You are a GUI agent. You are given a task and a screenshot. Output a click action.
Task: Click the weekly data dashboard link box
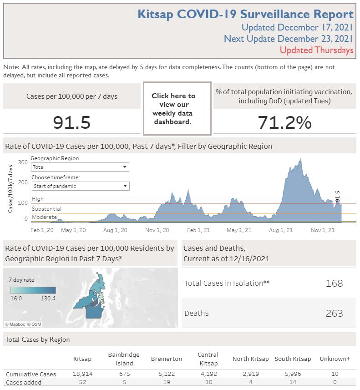(x=177, y=109)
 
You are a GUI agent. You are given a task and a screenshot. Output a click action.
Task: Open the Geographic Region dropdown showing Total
(x=80, y=167)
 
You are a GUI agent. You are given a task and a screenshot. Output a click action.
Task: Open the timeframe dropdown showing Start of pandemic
(x=80, y=186)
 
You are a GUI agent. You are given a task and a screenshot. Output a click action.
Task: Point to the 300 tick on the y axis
(x=23, y=162)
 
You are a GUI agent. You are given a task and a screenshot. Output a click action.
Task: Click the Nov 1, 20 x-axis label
(x=157, y=230)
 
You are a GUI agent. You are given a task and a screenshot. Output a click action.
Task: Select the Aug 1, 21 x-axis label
(x=281, y=230)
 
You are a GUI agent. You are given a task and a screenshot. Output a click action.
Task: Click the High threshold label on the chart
(x=38, y=199)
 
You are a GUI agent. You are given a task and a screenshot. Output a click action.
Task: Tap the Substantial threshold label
(x=46, y=209)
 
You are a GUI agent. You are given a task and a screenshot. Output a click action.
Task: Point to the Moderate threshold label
(x=44, y=217)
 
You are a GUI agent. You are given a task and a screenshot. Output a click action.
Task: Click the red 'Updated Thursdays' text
(x=316, y=51)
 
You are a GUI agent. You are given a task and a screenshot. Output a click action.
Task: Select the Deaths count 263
(x=334, y=314)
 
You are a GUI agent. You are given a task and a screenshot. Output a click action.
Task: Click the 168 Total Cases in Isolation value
(x=334, y=284)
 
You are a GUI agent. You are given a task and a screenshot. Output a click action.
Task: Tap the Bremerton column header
(x=166, y=359)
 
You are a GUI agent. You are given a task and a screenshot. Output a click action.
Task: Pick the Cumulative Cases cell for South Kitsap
(x=293, y=374)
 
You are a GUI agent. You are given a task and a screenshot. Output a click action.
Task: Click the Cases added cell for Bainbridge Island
(x=124, y=382)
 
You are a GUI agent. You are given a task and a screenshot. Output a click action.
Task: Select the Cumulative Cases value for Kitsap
(x=82, y=374)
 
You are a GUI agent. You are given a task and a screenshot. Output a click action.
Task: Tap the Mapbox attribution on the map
(x=15, y=324)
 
